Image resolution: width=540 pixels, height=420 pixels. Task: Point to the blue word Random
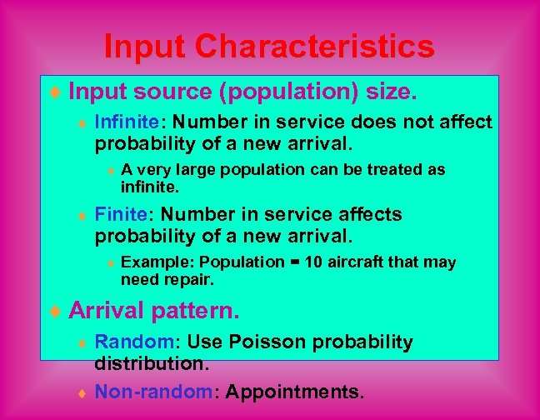[x=126, y=342]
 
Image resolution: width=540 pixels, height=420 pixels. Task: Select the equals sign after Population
[x=294, y=262]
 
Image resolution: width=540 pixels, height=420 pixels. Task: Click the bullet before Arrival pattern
[x=55, y=312]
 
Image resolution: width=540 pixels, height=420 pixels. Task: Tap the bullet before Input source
[x=55, y=90]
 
